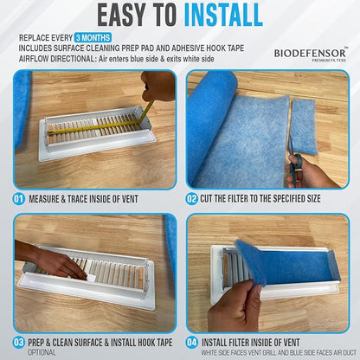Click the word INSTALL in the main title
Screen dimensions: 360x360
click(x=223, y=15)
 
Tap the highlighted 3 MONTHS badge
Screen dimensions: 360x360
click(x=93, y=38)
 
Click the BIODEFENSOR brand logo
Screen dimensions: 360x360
click(x=311, y=55)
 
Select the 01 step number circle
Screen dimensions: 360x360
click(x=19, y=199)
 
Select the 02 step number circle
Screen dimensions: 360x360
click(x=191, y=199)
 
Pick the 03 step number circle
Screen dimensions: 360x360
click(x=19, y=343)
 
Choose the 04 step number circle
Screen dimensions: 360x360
click(x=191, y=343)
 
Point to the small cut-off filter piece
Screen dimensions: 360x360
click(x=305, y=126)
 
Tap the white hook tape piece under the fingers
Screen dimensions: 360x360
click(x=91, y=278)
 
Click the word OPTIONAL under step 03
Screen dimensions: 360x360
click(x=42, y=352)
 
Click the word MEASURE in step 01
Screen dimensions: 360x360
click(x=47, y=199)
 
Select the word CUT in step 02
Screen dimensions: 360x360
click(x=206, y=199)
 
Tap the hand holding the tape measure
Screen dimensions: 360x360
click(x=158, y=86)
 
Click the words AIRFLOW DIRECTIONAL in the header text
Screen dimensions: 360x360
click(x=56, y=59)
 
